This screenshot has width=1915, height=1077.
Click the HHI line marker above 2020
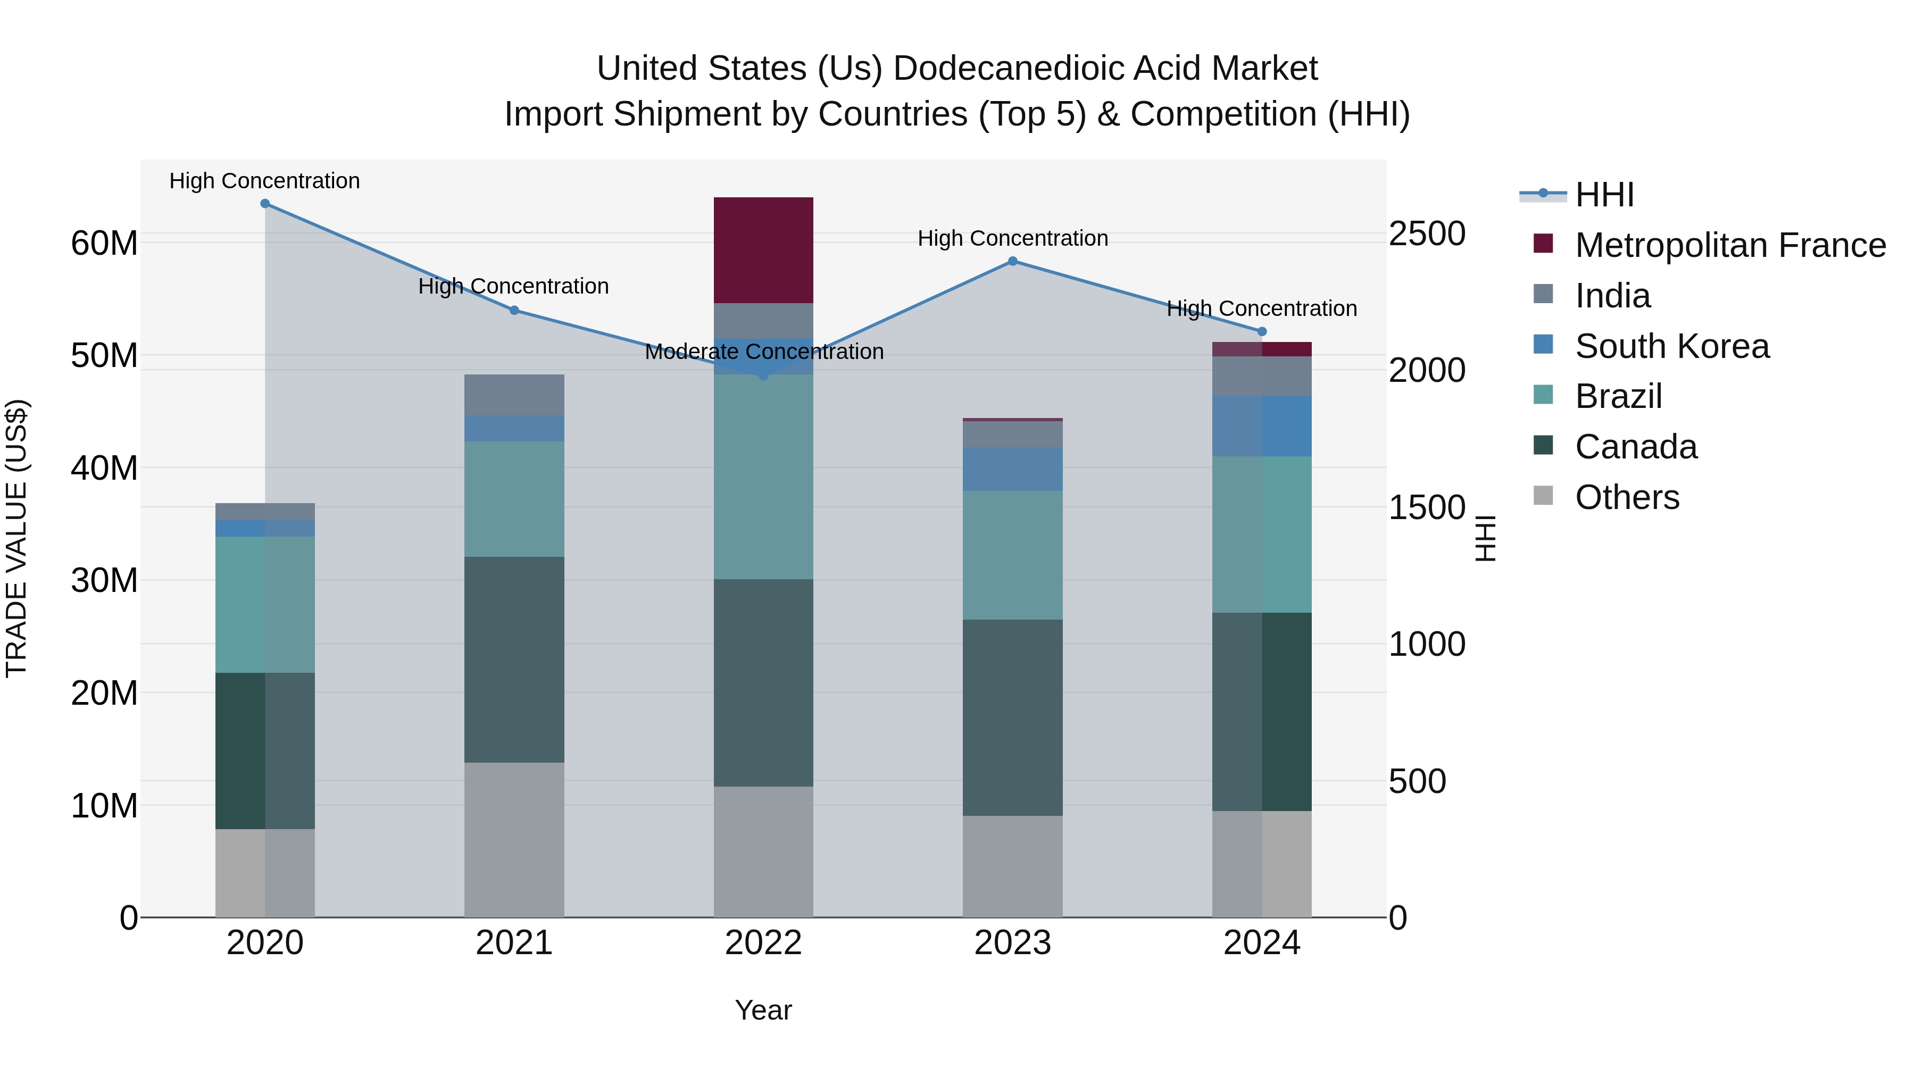pyautogui.click(x=265, y=204)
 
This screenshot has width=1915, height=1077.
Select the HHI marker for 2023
pyautogui.click(x=1012, y=261)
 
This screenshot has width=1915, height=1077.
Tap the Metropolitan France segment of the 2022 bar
pyautogui.click(x=763, y=250)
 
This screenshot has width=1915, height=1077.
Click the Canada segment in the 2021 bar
pyautogui.click(x=514, y=659)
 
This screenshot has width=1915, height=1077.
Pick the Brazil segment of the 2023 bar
pyautogui.click(x=1012, y=555)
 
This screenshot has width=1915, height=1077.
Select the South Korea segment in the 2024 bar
pyautogui.click(x=1262, y=426)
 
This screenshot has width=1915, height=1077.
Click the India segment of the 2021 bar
pyautogui.click(x=514, y=395)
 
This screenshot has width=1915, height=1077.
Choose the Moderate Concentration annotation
pyautogui.click(x=763, y=352)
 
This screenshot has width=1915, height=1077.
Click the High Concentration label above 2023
pyautogui.click(x=1012, y=239)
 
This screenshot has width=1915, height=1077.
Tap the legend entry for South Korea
pyautogui.click(x=1672, y=346)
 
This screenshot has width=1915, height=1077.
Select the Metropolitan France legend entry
pyautogui.click(x=1730, y=245)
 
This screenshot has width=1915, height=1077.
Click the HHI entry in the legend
pyautogui.click(x=1604, y=195)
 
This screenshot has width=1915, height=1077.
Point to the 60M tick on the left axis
pyautogui.click(x=104, y=243)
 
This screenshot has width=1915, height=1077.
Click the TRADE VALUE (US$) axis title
pyautogui.click(x=16, y=538)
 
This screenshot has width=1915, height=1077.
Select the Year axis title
pyautogui.click(x=763, y=1010)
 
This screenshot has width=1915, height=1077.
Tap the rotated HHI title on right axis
pyautogui.click(x=1485, y=538)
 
